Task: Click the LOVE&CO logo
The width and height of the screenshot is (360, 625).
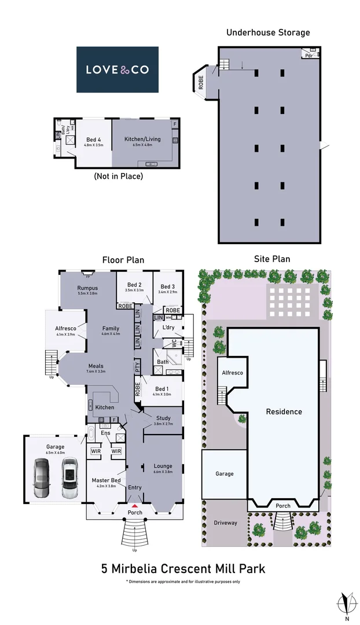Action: [x=117, y=69]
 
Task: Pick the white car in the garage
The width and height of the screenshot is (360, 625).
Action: [x=69, y=477]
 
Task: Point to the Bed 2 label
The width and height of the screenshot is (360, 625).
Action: [x=134, y=285]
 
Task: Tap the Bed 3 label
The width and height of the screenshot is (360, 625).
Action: [x=168, y=286]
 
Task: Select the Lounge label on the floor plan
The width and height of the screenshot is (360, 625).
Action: [x=163, y=465]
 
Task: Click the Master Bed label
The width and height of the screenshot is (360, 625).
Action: [x=106, y=480]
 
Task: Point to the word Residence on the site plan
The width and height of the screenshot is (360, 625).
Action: [x=284, y=411]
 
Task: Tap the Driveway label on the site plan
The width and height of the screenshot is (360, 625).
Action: [x=225, y=523]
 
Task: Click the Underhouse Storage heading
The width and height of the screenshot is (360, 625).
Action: [x=268, y=32]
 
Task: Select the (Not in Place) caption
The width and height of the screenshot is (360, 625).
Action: [x=118, y=176]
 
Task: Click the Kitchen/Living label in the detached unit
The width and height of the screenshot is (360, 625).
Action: [x=142, y=139]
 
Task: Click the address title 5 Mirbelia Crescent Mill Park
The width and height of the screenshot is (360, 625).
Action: [x=183, y=568]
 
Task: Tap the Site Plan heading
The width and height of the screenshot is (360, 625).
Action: [x=272, y=259]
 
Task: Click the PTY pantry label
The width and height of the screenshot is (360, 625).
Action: [x=138, y=366]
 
